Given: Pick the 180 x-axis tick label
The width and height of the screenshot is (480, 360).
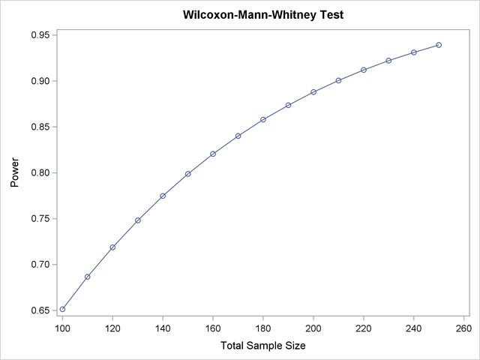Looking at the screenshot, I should click(x=263, y=328).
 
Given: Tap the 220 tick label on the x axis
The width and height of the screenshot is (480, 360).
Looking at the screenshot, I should click(x=364, y=328).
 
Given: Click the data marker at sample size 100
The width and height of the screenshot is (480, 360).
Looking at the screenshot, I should click(x=62, y=309).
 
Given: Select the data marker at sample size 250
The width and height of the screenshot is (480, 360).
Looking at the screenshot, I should click(x=439, y=45).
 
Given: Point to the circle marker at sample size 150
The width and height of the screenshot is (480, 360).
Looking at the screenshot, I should click(x=188, y=174).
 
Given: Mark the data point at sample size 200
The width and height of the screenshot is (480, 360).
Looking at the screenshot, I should click(x=313, y=92).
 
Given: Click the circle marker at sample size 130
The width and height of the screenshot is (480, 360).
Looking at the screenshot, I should click(x=138, y=220).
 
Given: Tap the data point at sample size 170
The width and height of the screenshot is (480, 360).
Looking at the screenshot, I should click(x=238, y=136).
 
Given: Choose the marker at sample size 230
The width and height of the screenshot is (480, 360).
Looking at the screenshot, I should click(x=388, y=61).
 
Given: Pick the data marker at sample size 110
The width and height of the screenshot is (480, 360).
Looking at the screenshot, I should click(x=88, y=277).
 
